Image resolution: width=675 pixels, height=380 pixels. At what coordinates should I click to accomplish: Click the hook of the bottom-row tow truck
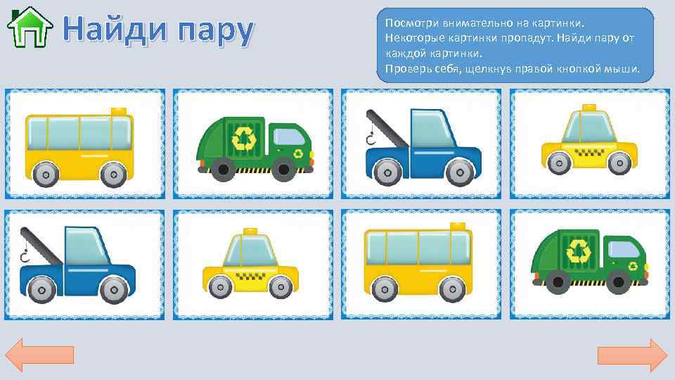click(x=25, y=255)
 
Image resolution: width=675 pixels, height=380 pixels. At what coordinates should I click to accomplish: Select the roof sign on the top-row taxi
click(x=587, y=108)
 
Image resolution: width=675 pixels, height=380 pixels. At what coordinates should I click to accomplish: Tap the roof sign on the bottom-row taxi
click(x=250, y=231)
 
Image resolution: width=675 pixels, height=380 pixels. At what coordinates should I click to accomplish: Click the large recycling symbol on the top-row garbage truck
click(x=244, y=138)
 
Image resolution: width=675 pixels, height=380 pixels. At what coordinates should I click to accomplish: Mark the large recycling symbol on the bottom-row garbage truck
click(x=580, y=250)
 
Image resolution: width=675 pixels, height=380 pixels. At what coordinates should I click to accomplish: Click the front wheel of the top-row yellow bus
click(x=111, y=173)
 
